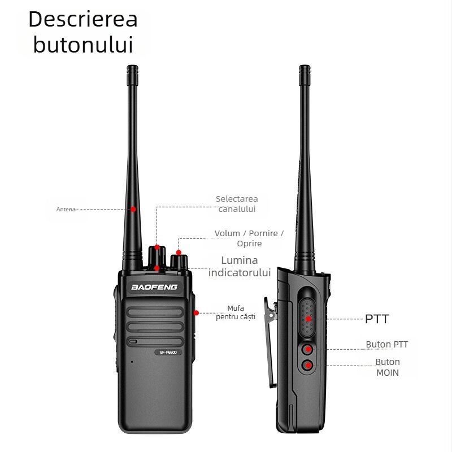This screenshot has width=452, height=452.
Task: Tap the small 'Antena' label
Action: pos(66,210)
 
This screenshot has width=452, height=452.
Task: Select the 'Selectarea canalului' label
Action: pos(237,204)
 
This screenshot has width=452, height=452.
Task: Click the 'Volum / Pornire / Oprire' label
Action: pos(249,238)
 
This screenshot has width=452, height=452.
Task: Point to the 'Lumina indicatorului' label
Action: pos(240,266)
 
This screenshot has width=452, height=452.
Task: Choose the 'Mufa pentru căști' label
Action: pos(236,312)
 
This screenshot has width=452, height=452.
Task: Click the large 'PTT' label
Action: pos(377,319)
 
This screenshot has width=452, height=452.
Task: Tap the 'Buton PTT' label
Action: pos(386,345)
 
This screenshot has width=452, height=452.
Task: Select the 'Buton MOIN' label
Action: pos(388,367)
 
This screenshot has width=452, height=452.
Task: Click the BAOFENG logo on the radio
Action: pos(154,287)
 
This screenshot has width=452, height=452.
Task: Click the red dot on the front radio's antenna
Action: pos(133,209)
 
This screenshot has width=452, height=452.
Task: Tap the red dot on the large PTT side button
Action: pos(308,319)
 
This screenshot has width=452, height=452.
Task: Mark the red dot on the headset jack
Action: pos(195,312)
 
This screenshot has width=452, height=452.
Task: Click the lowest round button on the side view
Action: pos(308,366)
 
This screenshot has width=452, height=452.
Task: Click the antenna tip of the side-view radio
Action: pos(304,70)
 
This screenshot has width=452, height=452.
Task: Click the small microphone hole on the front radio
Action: pos(132,362)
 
